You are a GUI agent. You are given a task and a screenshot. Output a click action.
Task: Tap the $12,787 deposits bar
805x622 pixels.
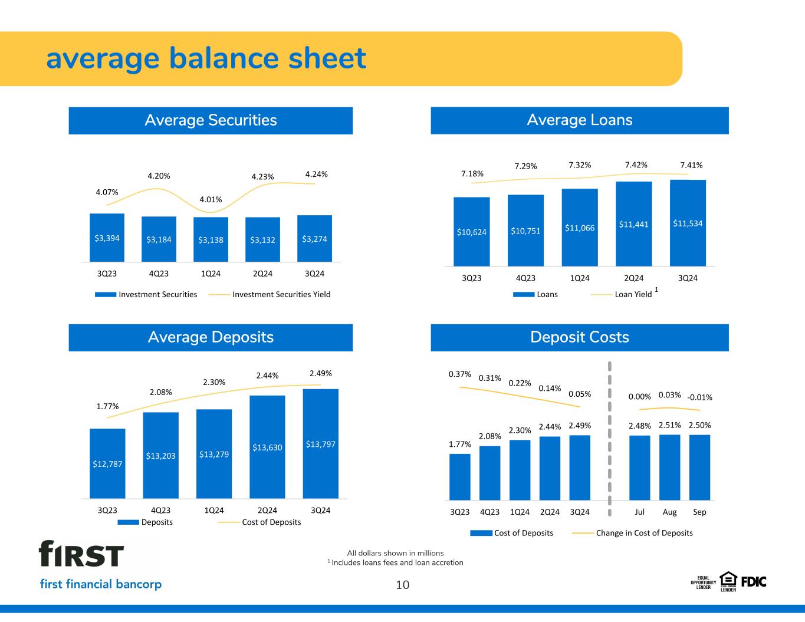coord(107,463)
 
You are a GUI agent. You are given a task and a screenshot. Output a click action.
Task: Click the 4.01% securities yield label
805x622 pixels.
coord(210,199)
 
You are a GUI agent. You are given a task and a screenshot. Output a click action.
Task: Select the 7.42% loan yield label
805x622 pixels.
coord(636,164)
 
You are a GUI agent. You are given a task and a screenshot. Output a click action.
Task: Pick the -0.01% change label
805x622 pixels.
coord(700,397)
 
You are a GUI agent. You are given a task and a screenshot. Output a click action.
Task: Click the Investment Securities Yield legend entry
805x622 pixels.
coord(281,294)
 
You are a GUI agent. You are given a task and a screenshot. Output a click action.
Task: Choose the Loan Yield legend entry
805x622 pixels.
coord(633,294)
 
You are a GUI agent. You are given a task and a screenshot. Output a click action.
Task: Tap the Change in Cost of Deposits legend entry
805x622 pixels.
coord(644,533)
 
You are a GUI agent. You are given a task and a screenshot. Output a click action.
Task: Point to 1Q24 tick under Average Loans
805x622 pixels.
coord(580,278)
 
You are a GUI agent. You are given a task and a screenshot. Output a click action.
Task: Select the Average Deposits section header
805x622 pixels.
coord(211,337)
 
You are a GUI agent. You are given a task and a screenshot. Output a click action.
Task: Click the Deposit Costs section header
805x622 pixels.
coord(579,337)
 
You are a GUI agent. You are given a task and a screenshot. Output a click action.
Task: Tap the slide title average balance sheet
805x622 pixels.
coord(206,58)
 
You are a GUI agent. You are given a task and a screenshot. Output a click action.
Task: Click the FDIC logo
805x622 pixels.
coord(753,581)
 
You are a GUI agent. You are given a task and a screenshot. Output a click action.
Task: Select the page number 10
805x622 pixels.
coord(402,585)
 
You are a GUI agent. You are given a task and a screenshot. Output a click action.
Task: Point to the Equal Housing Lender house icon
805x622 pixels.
coord(728,580)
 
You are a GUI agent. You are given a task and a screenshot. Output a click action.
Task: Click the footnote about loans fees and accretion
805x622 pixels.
coord(397,562)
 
